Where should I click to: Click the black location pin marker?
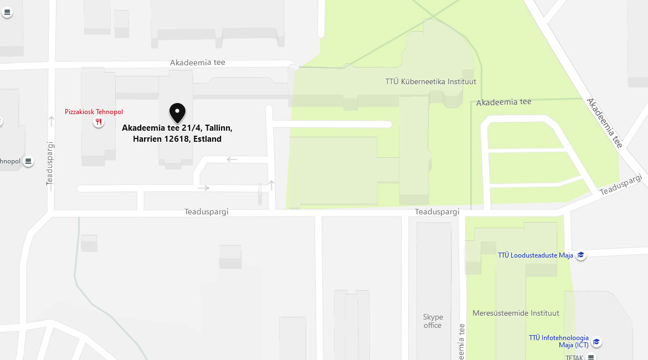coord(177,112)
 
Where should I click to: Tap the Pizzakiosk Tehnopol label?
coord(94,112)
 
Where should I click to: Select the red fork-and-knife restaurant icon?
coord(99,122)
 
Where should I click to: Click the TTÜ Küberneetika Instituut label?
coord(430,82)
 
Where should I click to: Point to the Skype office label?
coord(433,321)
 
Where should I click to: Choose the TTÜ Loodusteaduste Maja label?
coord(535,255)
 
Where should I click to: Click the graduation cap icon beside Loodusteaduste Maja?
coord(581,255)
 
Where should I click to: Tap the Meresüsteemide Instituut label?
coord(516,313)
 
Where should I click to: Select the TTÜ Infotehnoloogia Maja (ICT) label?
coord(558,341)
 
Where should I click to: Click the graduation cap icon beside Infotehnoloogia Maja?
coord(596,342)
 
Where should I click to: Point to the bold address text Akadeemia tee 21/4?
coord(177,128)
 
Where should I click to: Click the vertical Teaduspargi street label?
coord(50,163)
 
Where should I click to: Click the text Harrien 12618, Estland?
coord(177,139)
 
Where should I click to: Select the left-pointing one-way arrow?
coord(232,160)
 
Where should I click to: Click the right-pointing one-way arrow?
coord(203,188)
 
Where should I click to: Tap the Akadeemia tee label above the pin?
coord(198,63)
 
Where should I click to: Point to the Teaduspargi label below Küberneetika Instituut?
coord(437,212)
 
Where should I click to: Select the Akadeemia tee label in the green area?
coord(503,102)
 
